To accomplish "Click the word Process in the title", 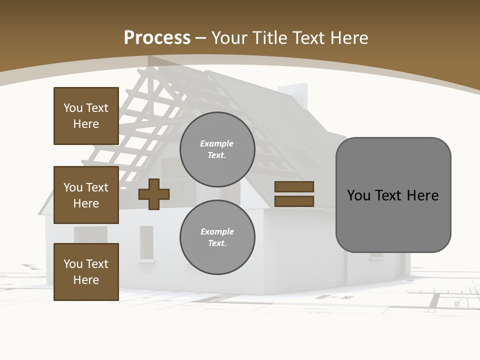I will [157, 38].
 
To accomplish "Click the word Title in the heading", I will [269, 38].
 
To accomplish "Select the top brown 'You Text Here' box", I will [86, 116].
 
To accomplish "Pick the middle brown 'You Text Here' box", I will [86, 195].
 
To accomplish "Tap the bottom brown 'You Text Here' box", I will [86, 272].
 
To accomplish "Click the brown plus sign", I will [154, 194].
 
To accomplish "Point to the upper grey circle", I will [217, 149].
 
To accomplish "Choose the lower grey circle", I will [217, 237].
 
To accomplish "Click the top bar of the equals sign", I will [294, 187].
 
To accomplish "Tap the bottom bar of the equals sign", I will [294, 201].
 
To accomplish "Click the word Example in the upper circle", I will [217, 143].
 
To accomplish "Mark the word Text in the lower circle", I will [217, 243].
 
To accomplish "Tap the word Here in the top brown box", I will [86, 124].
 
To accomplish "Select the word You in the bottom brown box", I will [73, 264].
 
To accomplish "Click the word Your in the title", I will [229, 38].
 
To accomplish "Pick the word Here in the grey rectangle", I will [422, 195].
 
